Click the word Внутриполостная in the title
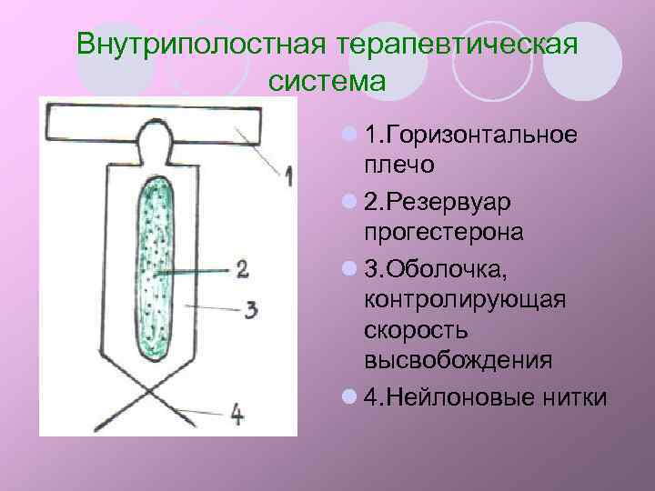(201, 44)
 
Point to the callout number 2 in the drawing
(242, 268)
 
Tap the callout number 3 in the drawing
(250, 309)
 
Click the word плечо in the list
(398, 165)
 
